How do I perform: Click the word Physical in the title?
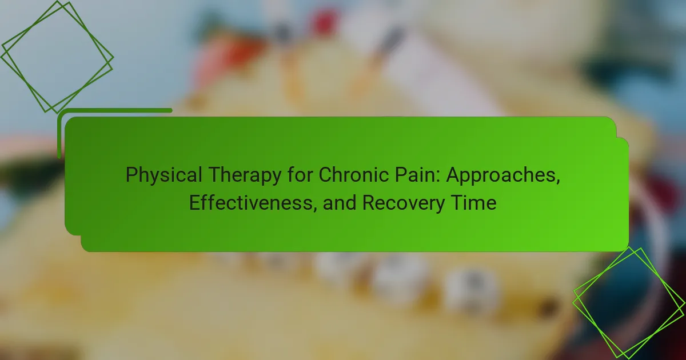(164, 175)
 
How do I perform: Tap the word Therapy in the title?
(245, 175)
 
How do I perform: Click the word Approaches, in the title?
(503, 176)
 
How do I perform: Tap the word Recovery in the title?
(404, 203)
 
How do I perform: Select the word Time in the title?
(474, 203)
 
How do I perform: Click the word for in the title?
(300, 175)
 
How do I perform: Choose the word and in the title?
(340, 203)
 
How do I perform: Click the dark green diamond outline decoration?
(57, 57)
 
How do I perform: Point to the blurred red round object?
(324, 22)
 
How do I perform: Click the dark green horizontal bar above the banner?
(115, 110)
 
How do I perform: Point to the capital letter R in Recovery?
(369, 203)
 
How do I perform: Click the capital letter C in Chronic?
(326, 175)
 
